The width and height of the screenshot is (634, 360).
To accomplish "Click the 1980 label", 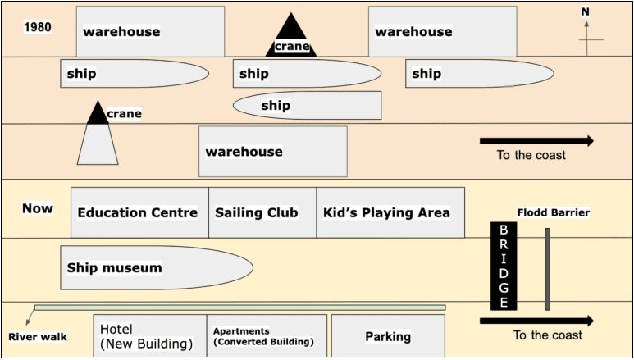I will tap(38, 26).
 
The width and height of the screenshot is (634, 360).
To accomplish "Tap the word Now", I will tap(38, 208).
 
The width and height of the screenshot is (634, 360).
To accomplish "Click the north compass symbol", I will tap(586, 33).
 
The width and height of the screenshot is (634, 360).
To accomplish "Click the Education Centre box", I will tap(139, 212).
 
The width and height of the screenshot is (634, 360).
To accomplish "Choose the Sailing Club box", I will tap(262, 212).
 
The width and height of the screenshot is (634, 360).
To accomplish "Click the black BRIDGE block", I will tap(504, 266).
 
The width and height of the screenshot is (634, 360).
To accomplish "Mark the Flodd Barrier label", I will tap(553, 212).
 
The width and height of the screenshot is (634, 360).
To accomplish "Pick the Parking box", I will tap(388, 336).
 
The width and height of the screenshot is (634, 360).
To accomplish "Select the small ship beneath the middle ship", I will tap(308, 105).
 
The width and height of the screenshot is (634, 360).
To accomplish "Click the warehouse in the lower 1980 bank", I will tap(272, 151).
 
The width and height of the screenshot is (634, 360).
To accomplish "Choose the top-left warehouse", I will tap(150, 32).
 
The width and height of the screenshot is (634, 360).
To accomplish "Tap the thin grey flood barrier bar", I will tap(547, 269).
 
